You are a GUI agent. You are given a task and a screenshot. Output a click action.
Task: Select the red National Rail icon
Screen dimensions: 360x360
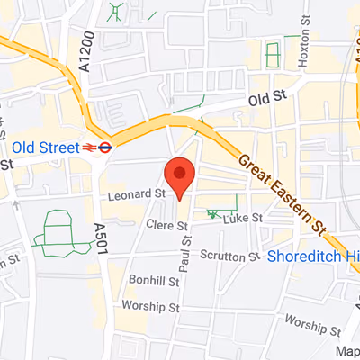(90, 147)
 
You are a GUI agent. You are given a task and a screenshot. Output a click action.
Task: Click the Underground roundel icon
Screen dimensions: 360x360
(105, 147)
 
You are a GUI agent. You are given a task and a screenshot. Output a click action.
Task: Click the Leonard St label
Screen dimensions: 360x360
(135, 193)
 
